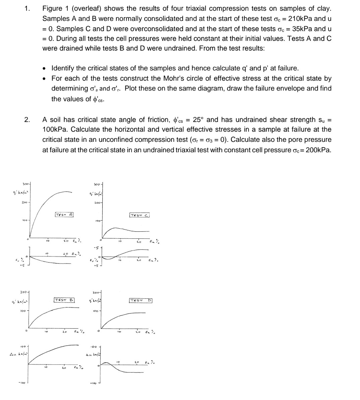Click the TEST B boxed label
64,299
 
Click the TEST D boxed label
141,300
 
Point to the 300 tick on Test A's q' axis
25,184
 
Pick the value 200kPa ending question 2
318,150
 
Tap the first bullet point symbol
45,69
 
